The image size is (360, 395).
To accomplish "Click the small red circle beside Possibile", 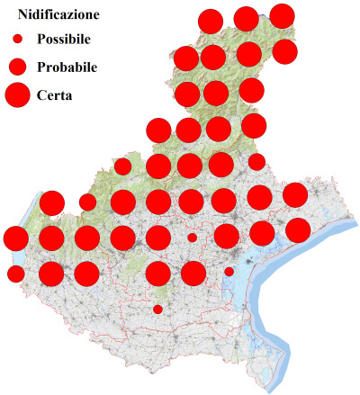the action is [x=17, y=40].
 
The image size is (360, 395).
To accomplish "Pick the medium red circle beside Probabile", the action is [x=17, y=67].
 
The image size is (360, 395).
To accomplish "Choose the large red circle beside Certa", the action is [x=17, y=93].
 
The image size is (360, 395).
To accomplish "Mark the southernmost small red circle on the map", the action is [x=157, y=310].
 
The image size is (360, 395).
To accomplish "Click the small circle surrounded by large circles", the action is [x=192, y=238].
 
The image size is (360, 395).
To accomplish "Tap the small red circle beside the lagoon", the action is [x=229, y=271].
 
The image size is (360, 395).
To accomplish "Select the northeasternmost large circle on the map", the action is [x=282, y=15].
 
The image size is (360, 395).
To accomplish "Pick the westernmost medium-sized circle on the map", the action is [x=15, y=274].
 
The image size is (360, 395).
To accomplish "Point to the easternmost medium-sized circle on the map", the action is [x=256, y=162].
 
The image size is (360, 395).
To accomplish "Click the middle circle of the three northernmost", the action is [x=246, y=18].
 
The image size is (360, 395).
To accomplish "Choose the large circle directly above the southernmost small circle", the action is [x=157, y=274].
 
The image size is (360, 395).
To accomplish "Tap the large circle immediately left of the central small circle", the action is [x=157, y=238].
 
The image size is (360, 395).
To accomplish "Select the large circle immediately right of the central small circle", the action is [x=226, y=237].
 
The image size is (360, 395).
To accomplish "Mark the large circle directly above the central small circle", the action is [x=192, y=202].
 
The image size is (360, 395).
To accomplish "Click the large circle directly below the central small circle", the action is [x=193, y=273].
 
